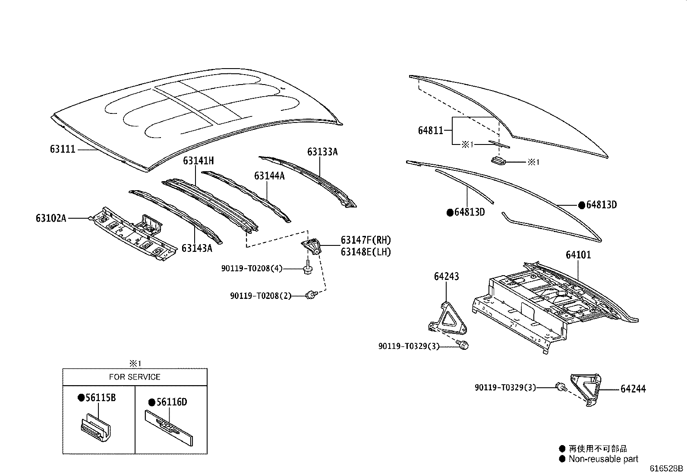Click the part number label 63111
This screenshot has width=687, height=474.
(x=63, y=149)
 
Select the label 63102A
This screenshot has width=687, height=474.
(x=50, y=218)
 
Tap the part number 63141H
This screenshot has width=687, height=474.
(x=198, y=161)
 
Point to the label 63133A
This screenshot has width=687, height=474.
(x=322, y=152)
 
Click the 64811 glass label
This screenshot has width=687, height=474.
(x=430, y=130)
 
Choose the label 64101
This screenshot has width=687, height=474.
(x=578, y=255)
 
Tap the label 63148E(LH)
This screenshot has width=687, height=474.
(x=366, y=252)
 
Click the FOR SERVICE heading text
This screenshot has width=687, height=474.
(x=135, y=377)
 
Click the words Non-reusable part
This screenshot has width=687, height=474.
(x=603, y=459)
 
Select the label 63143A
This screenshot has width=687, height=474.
(x=197, y=248)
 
